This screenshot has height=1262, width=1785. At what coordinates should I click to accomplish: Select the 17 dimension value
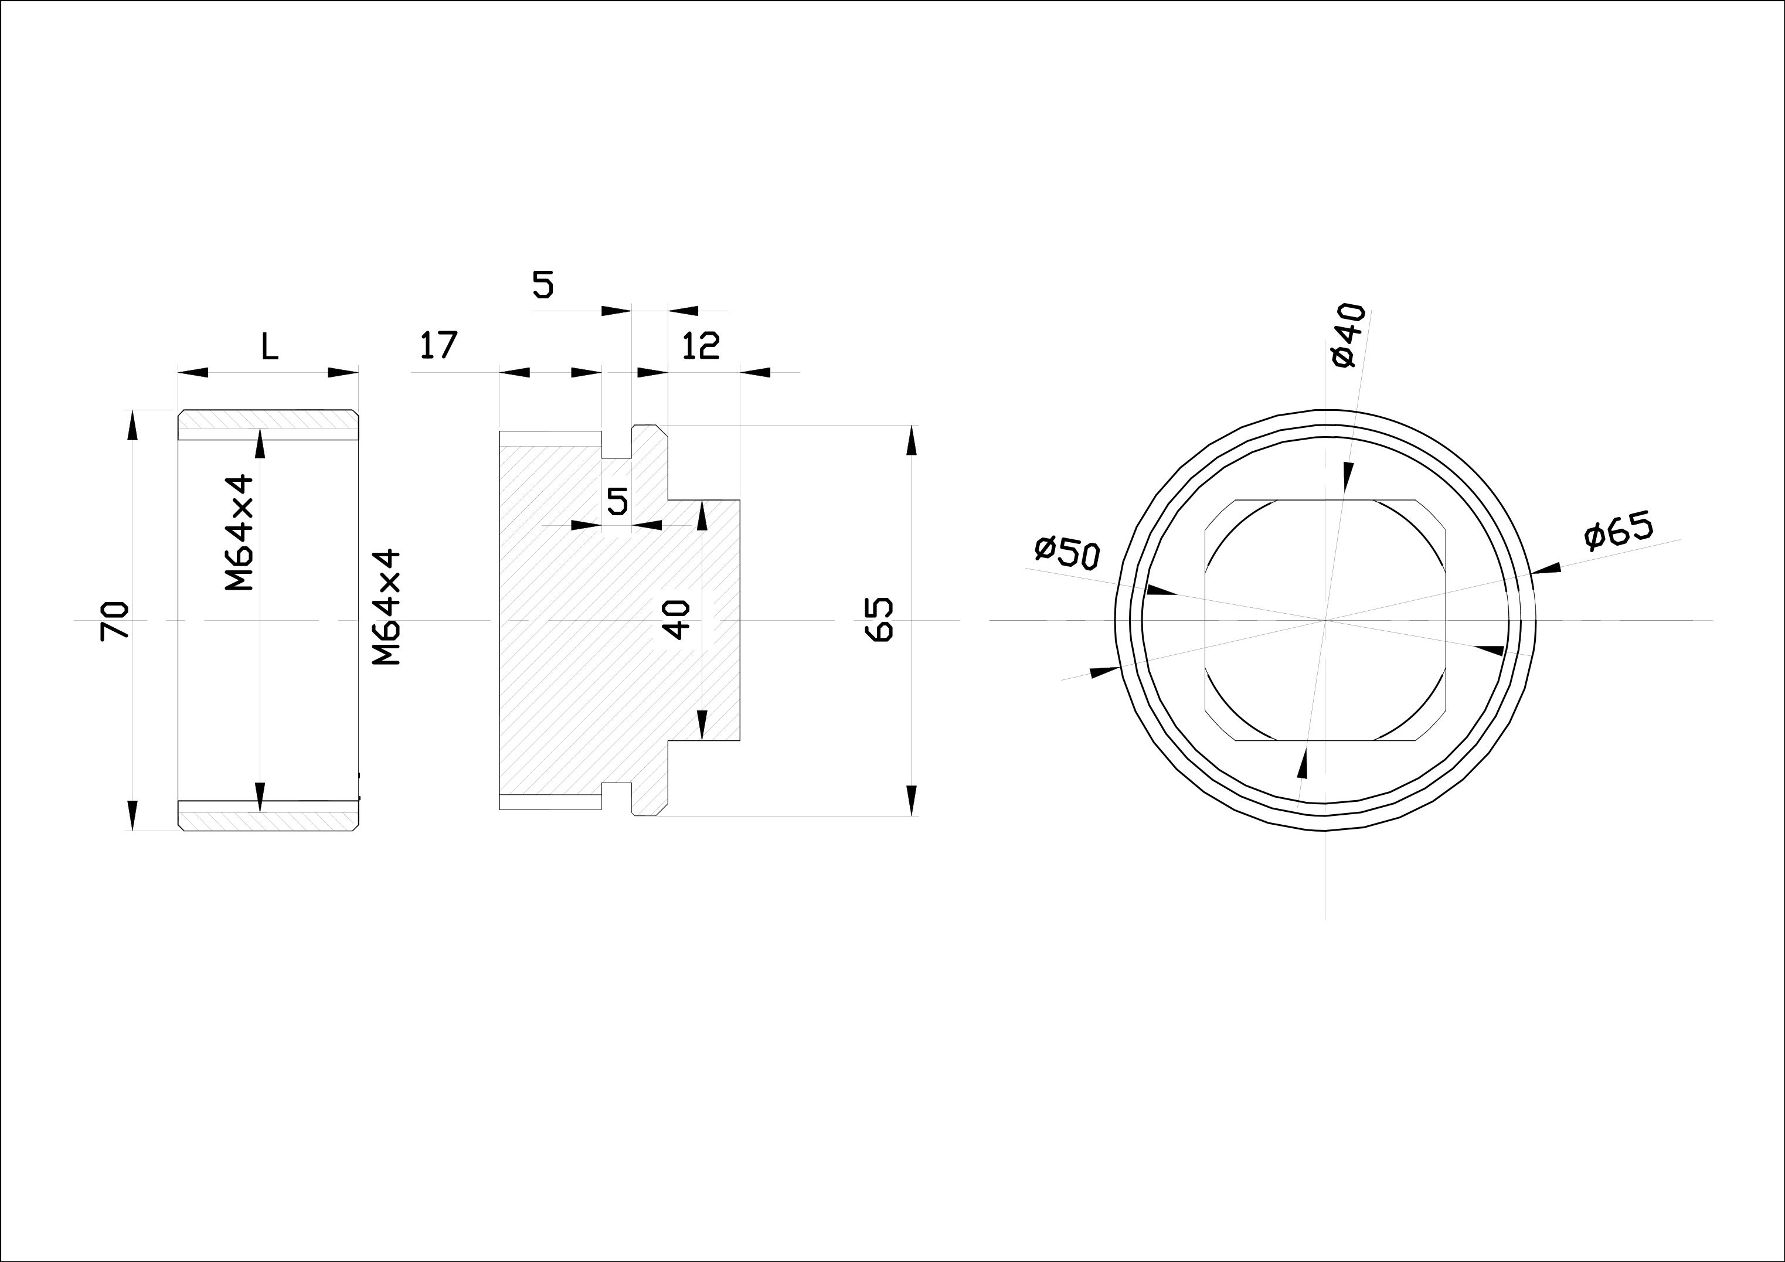(x=439, y=345)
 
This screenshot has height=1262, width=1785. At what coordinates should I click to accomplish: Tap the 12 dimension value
(x=701, y=346)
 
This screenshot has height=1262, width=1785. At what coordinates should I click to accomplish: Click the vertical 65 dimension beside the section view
(x=879, y=620)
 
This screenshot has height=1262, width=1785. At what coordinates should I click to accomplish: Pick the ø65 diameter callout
(x=1619, y=531)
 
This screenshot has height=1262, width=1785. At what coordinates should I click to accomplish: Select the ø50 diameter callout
(x=1067, y=552)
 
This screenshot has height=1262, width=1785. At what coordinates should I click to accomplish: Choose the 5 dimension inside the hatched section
(x=617, y=502)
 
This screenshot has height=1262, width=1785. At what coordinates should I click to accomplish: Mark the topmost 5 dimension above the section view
(x=543, y=285)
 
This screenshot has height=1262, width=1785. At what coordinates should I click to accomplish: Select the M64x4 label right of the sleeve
(x=386, y=607)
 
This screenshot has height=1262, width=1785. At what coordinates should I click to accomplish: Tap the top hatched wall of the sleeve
(x=268, y=424)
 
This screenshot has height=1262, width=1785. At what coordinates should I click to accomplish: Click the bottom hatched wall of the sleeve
(x=268, y=816)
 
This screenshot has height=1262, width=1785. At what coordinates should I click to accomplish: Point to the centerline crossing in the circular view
(x=1325, y=620)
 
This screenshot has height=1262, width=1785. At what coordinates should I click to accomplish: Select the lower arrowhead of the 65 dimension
(x=911, y=800)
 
